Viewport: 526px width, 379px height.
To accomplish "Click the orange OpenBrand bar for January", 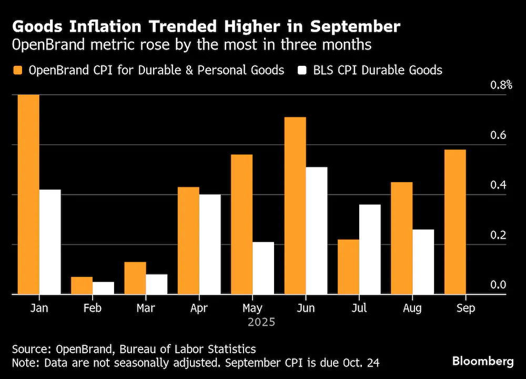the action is (28, 194).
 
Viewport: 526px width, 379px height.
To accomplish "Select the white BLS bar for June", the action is (317, 231).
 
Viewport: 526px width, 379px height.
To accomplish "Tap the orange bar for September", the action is (455, 222).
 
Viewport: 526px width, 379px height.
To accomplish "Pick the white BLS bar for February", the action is (103, 288).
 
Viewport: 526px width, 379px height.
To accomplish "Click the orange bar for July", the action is (349, 267).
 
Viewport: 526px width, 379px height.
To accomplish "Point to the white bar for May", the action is (264, 268).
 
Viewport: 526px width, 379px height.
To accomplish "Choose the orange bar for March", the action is (135, 278).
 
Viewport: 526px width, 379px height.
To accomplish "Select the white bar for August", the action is (423, 262).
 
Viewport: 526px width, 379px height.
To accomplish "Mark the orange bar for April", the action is (188, 241).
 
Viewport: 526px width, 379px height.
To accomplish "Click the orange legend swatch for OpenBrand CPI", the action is (17, 70).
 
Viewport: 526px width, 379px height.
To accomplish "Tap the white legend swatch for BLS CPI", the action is (302, 70).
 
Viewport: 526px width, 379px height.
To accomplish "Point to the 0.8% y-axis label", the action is (501, 85).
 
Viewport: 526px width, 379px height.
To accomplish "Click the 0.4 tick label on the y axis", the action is (498, 185).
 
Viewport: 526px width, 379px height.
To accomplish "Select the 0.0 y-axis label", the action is (498, 285).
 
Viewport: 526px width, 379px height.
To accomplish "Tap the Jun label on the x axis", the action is (306, 308).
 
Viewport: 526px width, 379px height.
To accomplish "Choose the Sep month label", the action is (466, 308).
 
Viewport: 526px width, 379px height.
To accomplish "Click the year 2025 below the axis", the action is (261, 322).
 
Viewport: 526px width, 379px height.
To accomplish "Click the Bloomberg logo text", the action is (483, 361).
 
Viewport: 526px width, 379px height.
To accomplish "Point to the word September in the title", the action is (355, 27).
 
